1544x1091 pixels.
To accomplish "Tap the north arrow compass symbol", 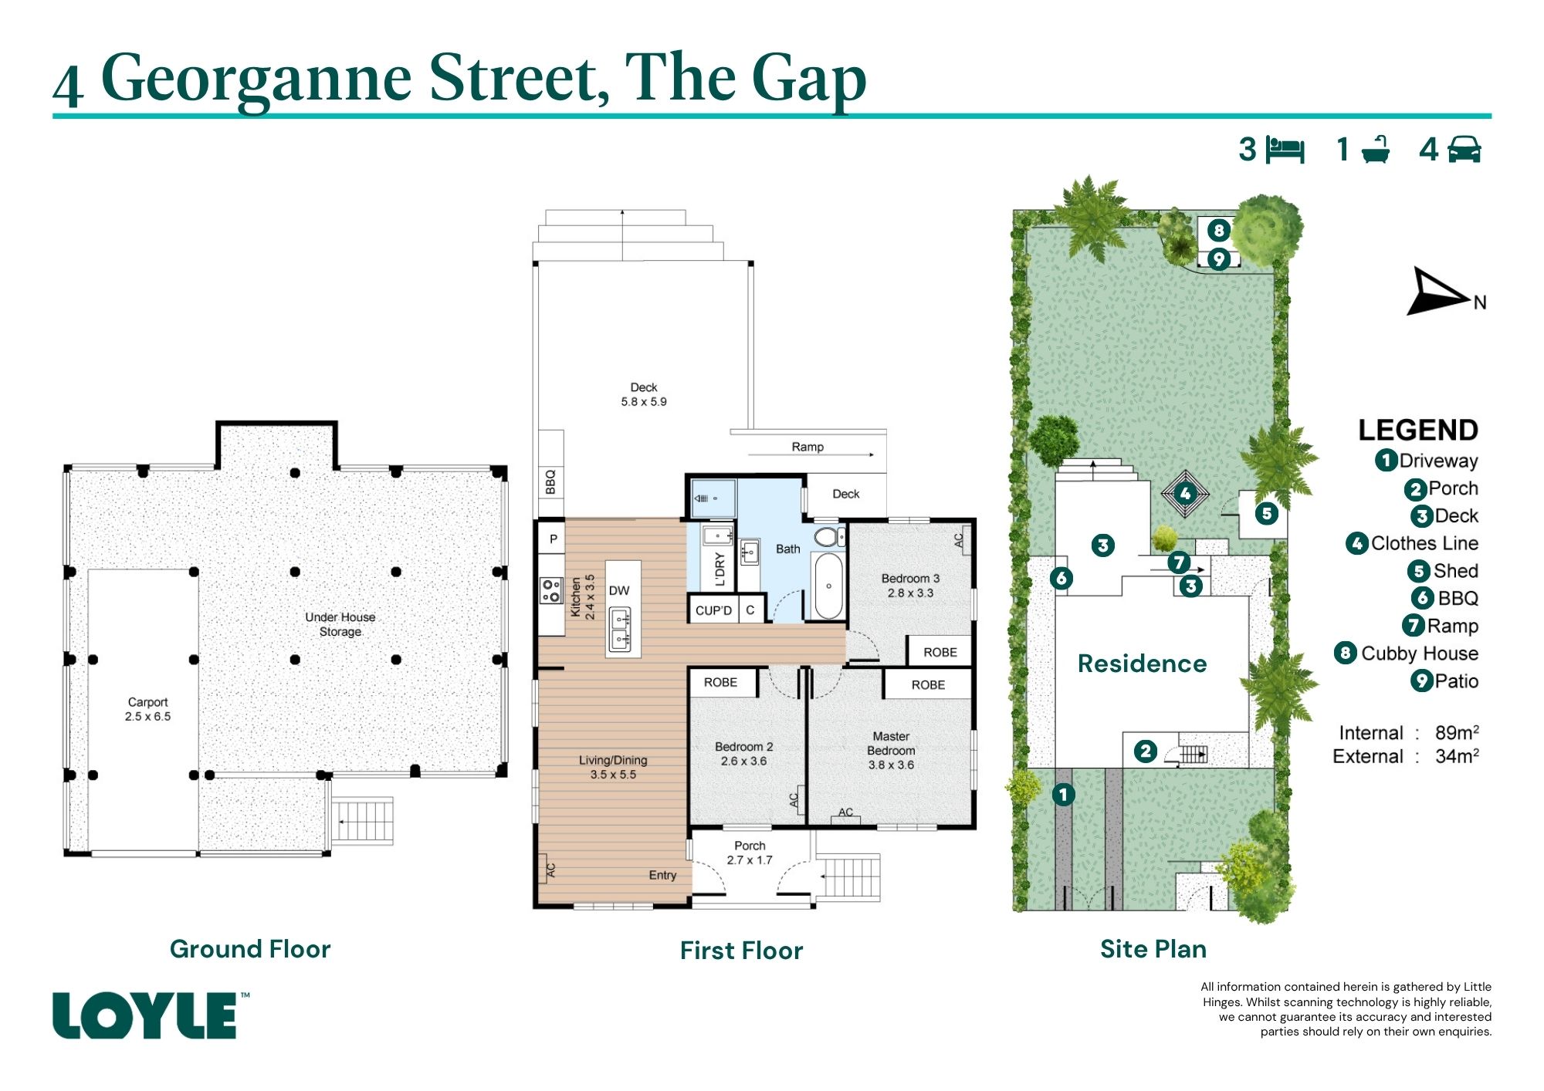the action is pos(1441,292).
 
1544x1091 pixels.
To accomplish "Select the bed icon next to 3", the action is pos(1285,150).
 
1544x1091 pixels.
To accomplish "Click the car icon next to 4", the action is pos(1464,150).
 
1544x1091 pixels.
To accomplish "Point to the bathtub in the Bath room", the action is pos(828,586).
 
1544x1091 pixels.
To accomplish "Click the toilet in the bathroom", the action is pos(827,536).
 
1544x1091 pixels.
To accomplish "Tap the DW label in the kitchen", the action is pos(619,591).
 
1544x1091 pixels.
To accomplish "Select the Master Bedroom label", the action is pos(891,743).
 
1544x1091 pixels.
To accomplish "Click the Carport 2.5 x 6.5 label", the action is pos(147,709).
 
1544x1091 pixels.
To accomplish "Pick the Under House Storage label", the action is pos(340,624).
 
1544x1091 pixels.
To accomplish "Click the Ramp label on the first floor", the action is pos(808,447).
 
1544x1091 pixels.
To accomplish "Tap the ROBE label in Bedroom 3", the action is pos(940,653).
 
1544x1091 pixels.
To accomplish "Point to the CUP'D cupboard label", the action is pos(713,610).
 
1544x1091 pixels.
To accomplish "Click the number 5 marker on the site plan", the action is pos(1266,513).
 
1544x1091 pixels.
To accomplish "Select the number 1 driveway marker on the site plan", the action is pos(1063,794).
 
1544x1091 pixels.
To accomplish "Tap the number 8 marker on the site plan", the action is pos(1218,230).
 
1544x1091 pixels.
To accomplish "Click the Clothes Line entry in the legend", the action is pos(1412,543).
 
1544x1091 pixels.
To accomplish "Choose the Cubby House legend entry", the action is pos(1407,654).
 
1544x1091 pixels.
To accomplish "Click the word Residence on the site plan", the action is pos(1142,664).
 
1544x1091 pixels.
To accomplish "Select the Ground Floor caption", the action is pos(250,949).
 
